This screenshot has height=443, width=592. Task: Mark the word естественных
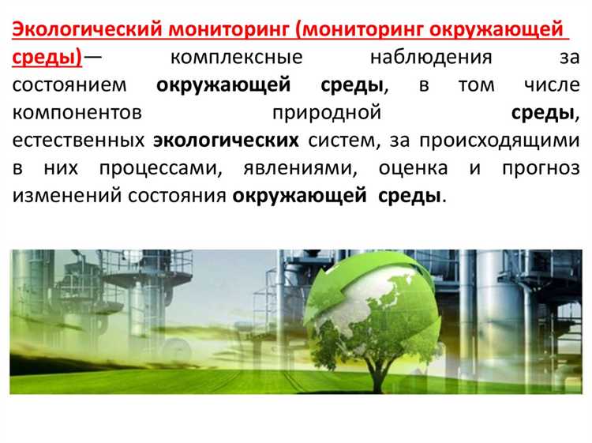78,141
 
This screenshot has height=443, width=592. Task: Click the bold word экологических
226,141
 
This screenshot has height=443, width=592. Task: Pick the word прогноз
536,168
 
